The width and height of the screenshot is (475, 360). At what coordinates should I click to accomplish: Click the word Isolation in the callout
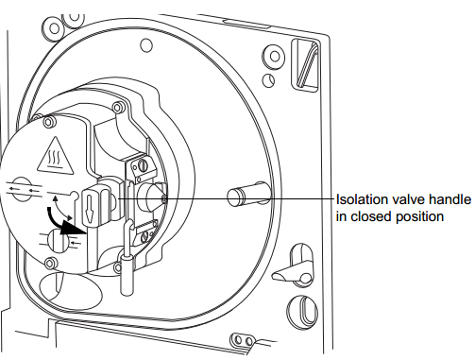click(362, 199)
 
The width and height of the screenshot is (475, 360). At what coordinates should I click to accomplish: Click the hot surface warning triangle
click(56, 157)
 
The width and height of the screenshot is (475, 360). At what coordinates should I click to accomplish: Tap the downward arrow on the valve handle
click(90, 208)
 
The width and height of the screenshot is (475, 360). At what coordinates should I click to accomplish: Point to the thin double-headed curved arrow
click(61, 208)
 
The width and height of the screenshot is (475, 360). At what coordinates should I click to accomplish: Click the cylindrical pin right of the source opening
click(248, 194)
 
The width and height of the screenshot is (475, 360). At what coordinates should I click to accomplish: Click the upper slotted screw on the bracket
click(143, 165)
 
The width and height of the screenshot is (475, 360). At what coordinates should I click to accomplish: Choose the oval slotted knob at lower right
click(302, 311)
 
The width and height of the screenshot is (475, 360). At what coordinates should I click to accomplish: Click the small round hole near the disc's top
click(145, 45)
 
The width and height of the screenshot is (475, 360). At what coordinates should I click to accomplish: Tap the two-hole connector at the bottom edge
click(243, 340)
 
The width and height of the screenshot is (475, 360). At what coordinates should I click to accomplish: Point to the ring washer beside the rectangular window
click(274, 57)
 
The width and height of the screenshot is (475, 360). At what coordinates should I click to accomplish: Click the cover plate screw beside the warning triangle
click(49, 122)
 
